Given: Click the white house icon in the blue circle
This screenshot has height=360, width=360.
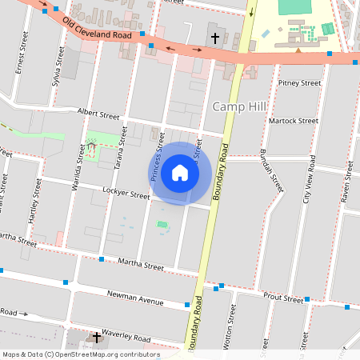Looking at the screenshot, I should (x=180, y=173).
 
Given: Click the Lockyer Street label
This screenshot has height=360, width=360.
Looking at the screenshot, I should (x=126, y=194).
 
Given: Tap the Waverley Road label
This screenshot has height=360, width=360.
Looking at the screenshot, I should (x=129, y=338).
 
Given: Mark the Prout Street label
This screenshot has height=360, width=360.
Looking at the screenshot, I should (x=282, y=299).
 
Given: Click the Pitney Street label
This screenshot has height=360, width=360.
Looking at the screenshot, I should (x=299, y=83).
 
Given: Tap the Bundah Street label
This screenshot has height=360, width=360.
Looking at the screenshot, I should (x=273, y=170).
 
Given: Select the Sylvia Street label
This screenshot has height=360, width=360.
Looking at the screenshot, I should (x=56, y=67).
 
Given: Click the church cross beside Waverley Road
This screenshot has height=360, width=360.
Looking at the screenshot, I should (x=96, y=338).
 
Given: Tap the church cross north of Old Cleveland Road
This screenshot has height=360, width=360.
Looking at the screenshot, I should (x=214, y=38).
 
